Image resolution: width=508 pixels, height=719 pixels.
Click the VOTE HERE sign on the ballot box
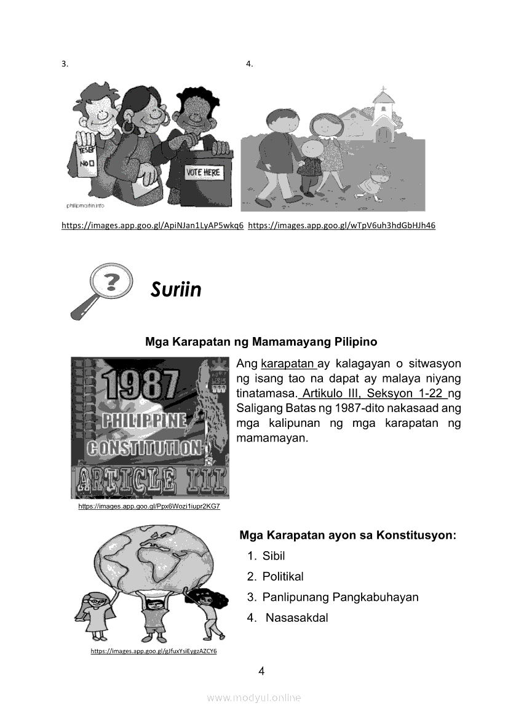pos(202,173)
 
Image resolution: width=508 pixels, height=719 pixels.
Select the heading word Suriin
pos(176,290)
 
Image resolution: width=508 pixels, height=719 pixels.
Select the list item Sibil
pos(274,556)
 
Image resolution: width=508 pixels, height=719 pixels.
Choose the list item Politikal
pos(283,576)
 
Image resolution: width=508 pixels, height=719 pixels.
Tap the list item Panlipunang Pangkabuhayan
pos(340,597)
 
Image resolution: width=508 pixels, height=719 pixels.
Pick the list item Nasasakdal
pos(296,618)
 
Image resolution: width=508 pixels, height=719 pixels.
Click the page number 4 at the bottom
pos(262,671)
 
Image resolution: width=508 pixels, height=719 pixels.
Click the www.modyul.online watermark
pos(254,697)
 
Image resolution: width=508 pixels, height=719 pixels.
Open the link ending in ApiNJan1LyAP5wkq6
pos(153,226)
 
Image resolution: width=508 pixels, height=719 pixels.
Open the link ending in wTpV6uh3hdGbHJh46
pos(341,226)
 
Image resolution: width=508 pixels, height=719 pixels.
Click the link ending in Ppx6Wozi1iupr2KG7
pos(149,506)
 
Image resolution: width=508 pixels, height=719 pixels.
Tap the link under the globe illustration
pos(154,651)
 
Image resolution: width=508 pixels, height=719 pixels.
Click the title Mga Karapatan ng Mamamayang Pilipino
pos(261,341)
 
